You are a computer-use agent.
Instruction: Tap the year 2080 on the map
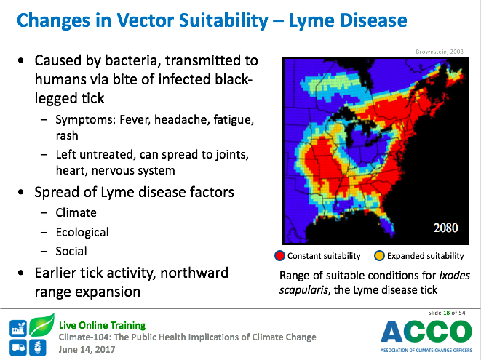pyautogui.click(x=445, y=228)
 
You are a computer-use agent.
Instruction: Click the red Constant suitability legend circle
pyautogui.click(x=279, y=256)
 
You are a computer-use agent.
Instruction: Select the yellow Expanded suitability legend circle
pyautogui.click(x=379, y=256)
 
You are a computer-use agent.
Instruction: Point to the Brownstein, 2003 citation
pyautogui.click(x=440, y=52)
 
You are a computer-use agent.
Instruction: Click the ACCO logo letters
pyautogui.click(x=426, y=332)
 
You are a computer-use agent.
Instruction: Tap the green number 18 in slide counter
pyautogui.click(x=446, y=313)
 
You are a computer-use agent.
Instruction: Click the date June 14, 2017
pyautogui.click(x=87, y=350)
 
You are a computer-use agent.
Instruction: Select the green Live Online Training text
pyautogui.click(x=102, y=325)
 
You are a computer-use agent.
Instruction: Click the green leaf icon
pyautogui.click(x=42, y=325)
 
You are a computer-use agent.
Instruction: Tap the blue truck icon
pyautogui.click(x=17, y=348)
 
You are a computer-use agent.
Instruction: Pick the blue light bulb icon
pyautogui.click(x=38, y=348)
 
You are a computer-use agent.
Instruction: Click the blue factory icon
pyautogui.click(x=17, y=328)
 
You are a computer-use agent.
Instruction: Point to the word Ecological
pyautogui.click(x=82, y=233)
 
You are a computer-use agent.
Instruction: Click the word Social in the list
pyautogui.click(x=71, y=251)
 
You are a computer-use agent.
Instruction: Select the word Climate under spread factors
pyautogui.click(x=76, y=213)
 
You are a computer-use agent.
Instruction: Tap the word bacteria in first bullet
pyautogui.click(x=133, y=60)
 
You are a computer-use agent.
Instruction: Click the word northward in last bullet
pyautogui.click(x=194, y=273)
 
